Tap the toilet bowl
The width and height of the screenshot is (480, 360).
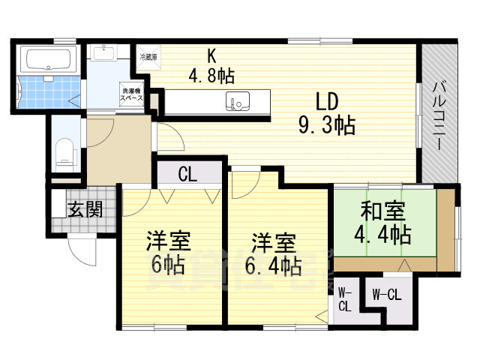click(x=66, y=154)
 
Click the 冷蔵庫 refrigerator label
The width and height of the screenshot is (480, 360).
click(x=145, y=56)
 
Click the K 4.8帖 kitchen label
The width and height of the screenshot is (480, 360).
click(x=211, y=65)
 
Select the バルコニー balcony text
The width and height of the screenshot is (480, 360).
click(x=439, y=116)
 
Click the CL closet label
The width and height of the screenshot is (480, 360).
click(x=188, y=175)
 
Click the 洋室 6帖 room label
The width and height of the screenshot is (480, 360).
click(x=167, y=253)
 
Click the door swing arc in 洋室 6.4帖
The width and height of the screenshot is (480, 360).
click(x=244, y=185)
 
